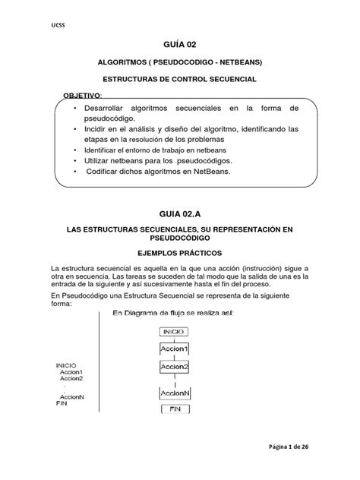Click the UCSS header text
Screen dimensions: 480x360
tap(57, 26)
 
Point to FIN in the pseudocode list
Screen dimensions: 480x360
tap(62, 403)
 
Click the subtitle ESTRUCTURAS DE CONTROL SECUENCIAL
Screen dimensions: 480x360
tap(179, 79)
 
